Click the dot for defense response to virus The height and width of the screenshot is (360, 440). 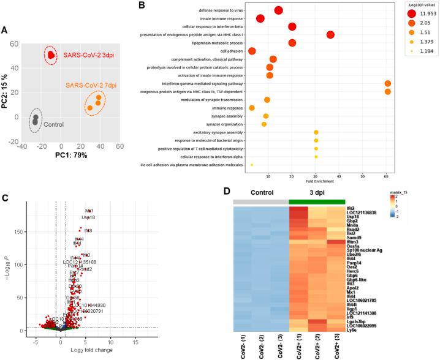pyautogui.click(x=278, y=10)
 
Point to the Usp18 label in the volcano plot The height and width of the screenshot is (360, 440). pyautogui.click(x=88, y=217)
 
